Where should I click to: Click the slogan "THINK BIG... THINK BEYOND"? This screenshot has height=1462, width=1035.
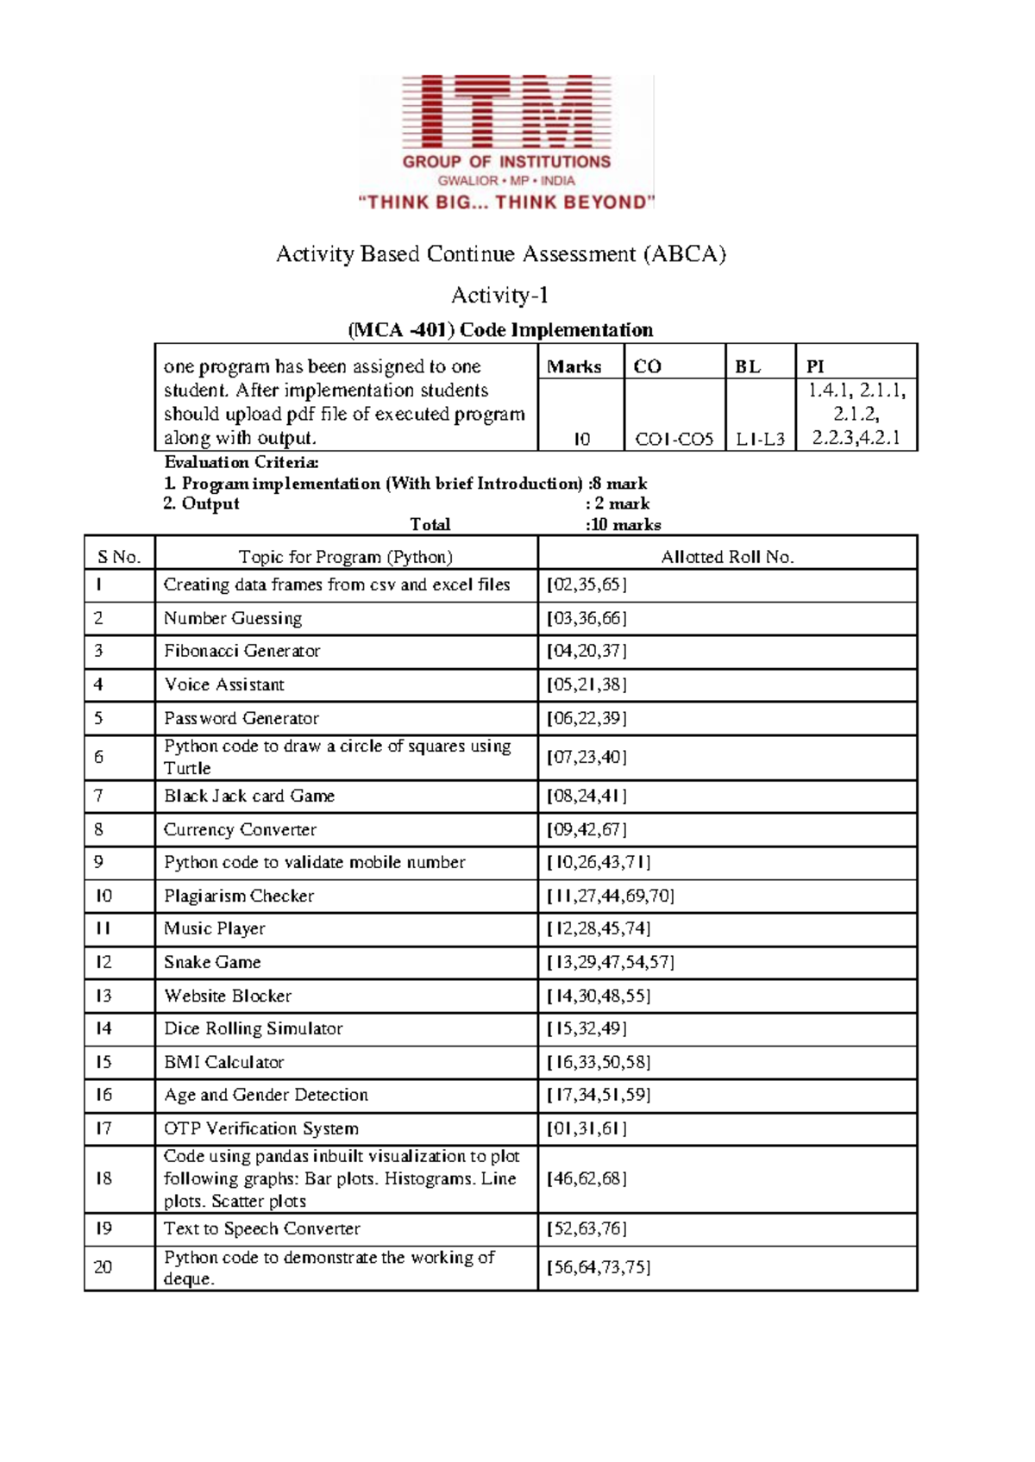(x=506, y=203)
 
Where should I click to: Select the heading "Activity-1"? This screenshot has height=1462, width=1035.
(x=499, y=296)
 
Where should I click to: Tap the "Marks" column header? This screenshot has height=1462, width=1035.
(x=574, y=366)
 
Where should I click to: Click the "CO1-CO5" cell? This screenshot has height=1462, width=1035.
(x=674, y=439)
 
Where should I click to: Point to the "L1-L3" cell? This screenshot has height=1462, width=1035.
(x=760, y=439)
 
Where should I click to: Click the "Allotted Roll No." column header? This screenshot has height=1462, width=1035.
(x=727, y=557)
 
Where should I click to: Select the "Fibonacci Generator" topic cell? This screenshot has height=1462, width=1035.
(x=242, y=651)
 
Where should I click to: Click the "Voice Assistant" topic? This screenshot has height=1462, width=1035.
(x=224, y=684)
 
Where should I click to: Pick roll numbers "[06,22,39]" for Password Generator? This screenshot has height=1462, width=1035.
(x=586, y=718)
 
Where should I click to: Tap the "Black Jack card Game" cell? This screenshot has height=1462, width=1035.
(x=249, y=796)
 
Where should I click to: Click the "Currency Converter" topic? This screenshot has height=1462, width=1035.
(x=240, y=829)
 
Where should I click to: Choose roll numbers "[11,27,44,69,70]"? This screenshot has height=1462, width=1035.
(x=611, y=896)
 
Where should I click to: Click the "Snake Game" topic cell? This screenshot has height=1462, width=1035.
(x=212, y=962)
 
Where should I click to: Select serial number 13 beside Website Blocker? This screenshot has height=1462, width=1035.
(x=103, y=996)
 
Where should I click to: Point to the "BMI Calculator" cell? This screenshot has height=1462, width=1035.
(x=224, y=1062)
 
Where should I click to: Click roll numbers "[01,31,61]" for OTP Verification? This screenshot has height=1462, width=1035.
(x=586, y=1128)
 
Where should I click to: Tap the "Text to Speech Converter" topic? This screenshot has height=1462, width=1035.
(x=262, y=1228)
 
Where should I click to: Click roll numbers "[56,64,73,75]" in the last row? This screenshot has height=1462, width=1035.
(x=599, y=1267)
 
